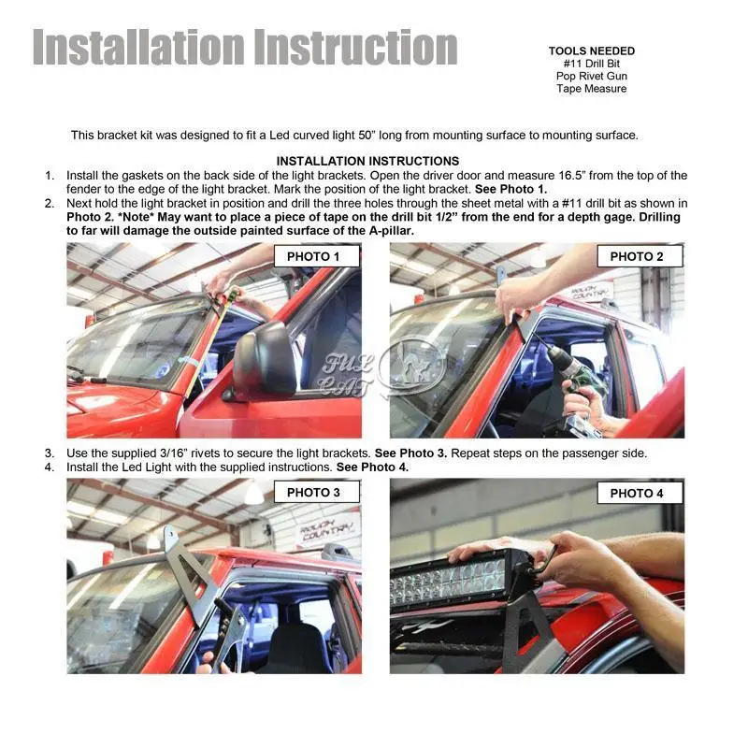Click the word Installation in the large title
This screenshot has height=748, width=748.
[x=138, y=47]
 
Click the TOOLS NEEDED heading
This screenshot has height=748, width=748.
[x=592, y=51]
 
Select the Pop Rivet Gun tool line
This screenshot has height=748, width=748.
[x=592, y=76]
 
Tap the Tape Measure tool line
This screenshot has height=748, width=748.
[x=592, y=88]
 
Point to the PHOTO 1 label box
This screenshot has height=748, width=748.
[x=317, y=256]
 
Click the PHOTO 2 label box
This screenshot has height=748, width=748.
[x=640, y=256]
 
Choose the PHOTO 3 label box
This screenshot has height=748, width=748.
[x=317, y=492]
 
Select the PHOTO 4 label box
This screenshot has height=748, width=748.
[x=640, y=493]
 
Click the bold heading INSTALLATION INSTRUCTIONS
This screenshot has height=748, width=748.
[x=367, y=161]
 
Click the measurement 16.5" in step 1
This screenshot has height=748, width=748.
[x=572, y=176]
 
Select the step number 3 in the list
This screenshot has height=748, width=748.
[x=50, y=453]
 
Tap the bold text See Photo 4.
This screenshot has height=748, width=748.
[x=372, y=467]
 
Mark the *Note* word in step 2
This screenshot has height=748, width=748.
[x=136, y=217]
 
